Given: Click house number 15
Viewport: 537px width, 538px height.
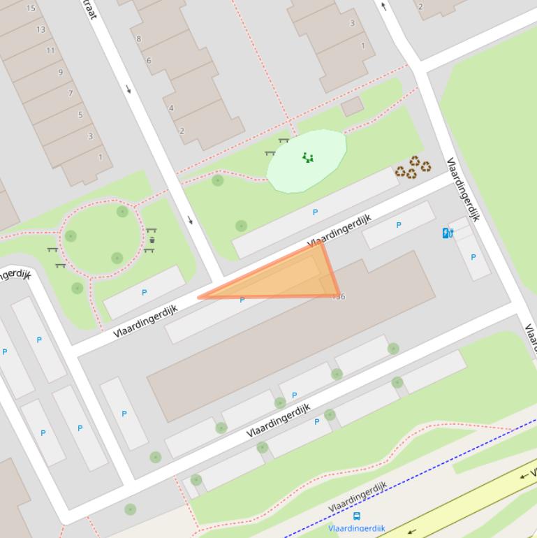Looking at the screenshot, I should pos(31,8).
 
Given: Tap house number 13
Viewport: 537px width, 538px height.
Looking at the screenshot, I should pos(41,29).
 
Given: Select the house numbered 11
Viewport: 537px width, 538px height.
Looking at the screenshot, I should pos(50,50).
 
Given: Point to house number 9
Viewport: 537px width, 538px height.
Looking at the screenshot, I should pos(61,72).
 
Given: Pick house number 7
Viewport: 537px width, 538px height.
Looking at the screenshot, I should pos(71,93).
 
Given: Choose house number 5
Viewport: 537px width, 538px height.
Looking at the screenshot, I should pos(80,115).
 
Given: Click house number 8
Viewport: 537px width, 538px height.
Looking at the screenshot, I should pos(138,39).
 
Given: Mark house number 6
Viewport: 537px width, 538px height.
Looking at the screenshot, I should pos(149,61).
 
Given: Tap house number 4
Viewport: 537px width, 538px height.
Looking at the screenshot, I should pos(171,108).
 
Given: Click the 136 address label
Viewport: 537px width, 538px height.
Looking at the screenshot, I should pos(339,296).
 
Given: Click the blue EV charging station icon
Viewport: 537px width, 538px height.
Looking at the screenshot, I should pos(448,233).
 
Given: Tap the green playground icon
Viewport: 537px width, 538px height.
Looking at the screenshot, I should pos(307,158).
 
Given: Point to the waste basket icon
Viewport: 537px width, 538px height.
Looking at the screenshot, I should pos(152,240).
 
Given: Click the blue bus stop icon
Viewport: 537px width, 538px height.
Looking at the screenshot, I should pos(357,516).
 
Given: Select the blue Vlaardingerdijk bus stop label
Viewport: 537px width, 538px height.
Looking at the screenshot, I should pos(357,529).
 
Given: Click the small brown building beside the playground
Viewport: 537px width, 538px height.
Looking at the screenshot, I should pos(352,106).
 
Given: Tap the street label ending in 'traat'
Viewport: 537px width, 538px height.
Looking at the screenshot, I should pos(89,10).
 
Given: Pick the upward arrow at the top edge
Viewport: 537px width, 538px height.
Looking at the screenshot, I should pos(383,7).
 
